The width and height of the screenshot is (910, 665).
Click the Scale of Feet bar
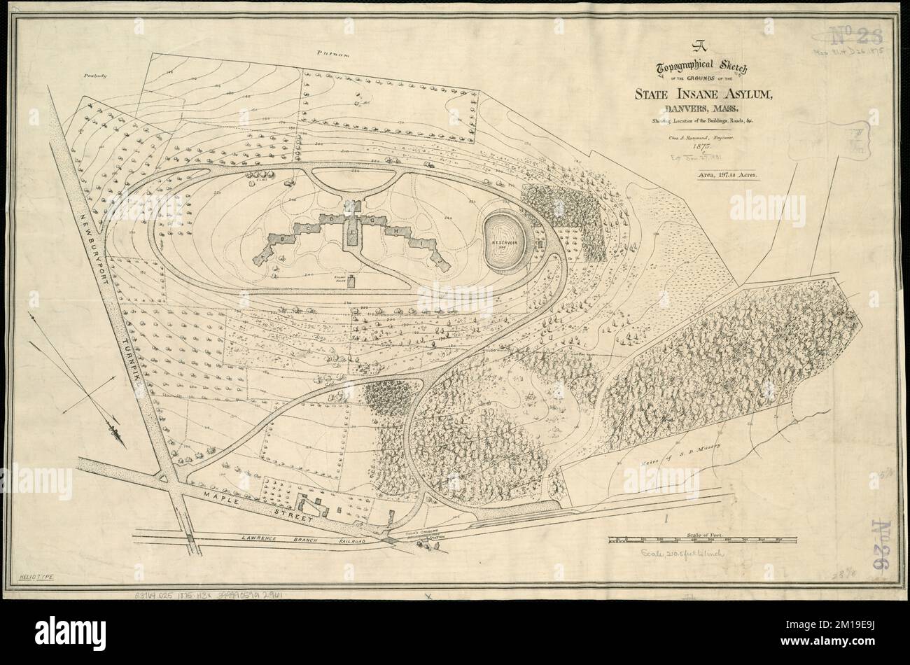tap(702, 540)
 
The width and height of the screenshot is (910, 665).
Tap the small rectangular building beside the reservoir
tap(539, 243)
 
